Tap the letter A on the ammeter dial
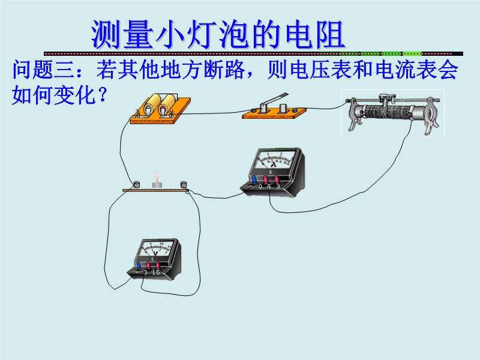coord(273,164)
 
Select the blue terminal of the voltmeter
coord(140,265)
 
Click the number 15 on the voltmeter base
coord(156,272)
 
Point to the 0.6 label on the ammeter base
coord(265,187)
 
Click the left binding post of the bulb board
coord(136,185)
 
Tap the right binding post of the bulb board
coord(184,185)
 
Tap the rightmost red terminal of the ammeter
coord(278,179)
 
